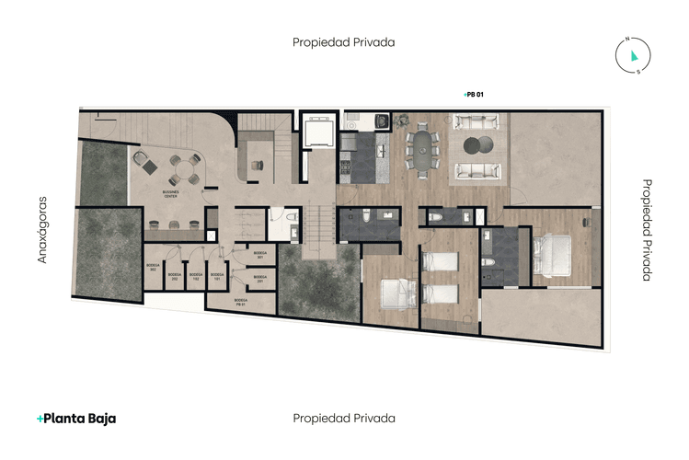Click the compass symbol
pyautogui.click(x=634, y=54)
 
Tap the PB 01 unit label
pyautogui.click(x=475, y=94)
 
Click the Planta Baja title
pyautogui.click(x=76, y=418)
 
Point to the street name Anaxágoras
pyautogui.click(x=41, y=229)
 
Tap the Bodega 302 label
pyautogui.click(x=153, y=267)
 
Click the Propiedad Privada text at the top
pyautogui.click(x=344, y=41)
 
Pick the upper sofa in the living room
pyautogui.click(x=475, y=121)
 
